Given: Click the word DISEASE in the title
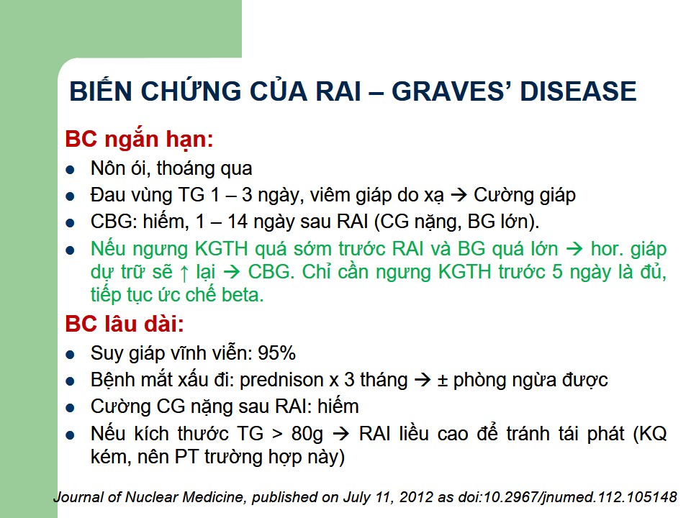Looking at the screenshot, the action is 578,91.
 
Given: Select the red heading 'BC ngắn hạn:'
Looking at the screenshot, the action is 139,139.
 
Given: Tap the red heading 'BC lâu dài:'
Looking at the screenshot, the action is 125,324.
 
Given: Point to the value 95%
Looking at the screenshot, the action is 276,353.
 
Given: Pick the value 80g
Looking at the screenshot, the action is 307,434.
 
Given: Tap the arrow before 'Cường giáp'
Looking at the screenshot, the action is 459,196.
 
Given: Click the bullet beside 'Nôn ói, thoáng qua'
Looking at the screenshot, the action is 70,170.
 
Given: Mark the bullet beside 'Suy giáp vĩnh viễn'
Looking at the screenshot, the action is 70,355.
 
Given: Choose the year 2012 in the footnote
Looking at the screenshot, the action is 416,497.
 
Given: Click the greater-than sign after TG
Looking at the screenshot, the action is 277,435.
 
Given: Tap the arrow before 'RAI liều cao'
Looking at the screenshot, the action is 340,435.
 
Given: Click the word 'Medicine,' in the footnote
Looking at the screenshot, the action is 215,497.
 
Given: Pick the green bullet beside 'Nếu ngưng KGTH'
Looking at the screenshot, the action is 70,250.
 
